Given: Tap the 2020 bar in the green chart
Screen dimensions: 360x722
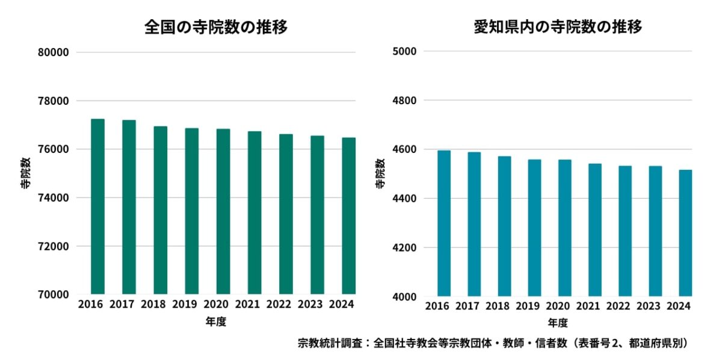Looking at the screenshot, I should point(223,211).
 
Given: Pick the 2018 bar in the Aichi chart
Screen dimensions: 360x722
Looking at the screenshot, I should point(504,226).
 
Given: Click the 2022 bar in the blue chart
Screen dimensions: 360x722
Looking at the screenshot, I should point(625,231).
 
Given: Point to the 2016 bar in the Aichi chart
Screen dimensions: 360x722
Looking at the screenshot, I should point(443,223).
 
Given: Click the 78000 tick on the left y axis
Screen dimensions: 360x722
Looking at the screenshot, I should point(53,101).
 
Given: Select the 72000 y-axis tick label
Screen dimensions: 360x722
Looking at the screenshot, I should point(53,247).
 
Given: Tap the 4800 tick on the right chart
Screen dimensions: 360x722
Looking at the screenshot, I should point(404,101).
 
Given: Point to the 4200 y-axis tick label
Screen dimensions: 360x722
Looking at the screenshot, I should point(404,247).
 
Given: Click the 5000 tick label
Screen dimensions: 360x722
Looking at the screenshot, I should point(404,51).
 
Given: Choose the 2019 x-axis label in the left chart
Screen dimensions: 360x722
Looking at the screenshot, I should point(184,305).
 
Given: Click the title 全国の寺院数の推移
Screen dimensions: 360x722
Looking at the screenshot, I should point(215,27).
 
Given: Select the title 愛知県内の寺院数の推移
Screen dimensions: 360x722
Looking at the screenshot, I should point(558,27).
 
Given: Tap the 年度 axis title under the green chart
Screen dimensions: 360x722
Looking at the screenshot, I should point(215,322).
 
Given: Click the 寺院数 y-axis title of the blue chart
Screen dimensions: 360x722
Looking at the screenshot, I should point(380,174).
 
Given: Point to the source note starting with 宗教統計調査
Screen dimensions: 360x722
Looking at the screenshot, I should point(492,344).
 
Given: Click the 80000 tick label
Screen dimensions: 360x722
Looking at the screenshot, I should point(53,52).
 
